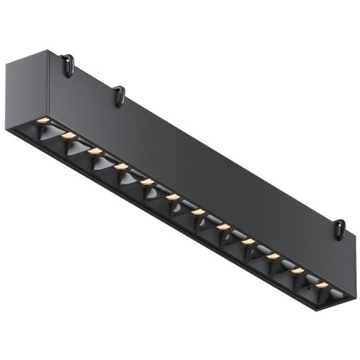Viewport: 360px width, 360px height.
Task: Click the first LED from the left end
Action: [x=43, y=120]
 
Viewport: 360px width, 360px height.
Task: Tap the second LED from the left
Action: [x=69, y=135]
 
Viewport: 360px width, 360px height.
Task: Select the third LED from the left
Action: [x=95, y=152]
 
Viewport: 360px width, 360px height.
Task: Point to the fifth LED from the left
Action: [x=147, y=182]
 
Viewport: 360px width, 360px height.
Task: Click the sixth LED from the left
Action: [x=173, y=197]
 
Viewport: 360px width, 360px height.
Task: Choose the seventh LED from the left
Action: [x=198, y=212]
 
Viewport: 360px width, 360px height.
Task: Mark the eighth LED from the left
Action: [x=223, y=226]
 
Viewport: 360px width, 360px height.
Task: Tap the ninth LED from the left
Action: [x=248, y=241]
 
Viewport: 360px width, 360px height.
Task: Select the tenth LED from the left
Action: [x=272, y=256]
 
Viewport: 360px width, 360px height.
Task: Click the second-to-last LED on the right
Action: [x=297, y=271]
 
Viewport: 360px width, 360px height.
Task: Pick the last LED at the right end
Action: [x=321, y=285]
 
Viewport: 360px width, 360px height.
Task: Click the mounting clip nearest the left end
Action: [x=67, y=64]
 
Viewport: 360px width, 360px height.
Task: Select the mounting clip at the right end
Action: [x=340, y=229]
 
